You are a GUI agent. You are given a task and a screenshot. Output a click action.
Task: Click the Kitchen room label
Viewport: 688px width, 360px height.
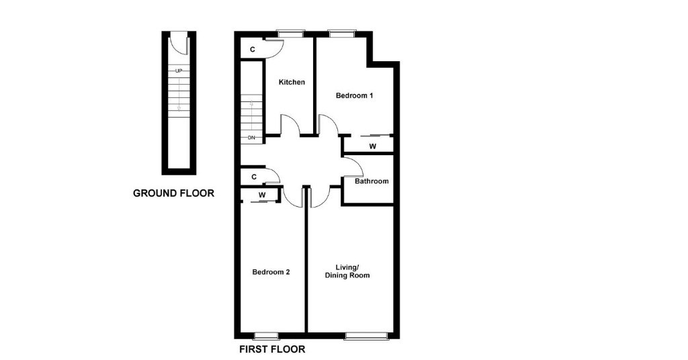[x=292, y=82]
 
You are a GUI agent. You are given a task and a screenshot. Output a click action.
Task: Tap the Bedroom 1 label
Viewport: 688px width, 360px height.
[x=354, y=95]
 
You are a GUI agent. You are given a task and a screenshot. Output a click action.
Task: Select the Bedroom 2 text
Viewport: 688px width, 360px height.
[x=271, y=272]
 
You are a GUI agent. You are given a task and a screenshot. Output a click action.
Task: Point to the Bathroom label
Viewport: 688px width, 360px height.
[x=372, y=181]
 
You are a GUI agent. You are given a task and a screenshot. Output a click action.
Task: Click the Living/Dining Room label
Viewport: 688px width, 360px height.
[x=347, y=271]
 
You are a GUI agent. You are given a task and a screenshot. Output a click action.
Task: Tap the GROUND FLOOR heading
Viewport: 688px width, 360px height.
[x=174, y=193]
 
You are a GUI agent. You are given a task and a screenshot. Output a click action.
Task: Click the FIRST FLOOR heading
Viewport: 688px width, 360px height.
[x=272, y=349]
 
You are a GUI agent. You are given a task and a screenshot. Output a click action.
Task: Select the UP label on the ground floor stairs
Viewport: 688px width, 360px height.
[x=179, y=71]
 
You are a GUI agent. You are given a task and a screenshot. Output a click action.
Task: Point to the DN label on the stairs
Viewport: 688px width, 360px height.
[x=251, y=138]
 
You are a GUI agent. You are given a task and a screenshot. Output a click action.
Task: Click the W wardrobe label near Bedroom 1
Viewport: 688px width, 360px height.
[x=372, y=146]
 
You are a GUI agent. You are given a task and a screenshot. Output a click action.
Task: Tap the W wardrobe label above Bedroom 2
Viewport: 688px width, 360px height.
[x=262, y=195]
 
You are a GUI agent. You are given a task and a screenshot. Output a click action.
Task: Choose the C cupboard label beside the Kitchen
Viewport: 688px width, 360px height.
[x=253, y=50]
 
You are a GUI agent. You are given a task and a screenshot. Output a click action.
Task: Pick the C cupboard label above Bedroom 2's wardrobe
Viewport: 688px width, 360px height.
[x=253, y=177]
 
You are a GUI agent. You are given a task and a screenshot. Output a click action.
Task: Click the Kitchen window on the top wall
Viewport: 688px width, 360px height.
[x=290, y=34]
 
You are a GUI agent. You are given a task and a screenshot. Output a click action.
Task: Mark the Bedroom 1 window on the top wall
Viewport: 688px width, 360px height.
[x=342, y=34]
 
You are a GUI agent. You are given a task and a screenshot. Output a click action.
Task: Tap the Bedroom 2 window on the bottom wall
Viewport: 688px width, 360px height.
[x=266, y=336]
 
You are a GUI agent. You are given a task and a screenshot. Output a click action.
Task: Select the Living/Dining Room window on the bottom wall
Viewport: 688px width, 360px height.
[x=367, y=336]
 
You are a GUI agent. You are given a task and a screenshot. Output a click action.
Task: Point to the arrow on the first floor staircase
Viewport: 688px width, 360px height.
[x=251, y=103]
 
